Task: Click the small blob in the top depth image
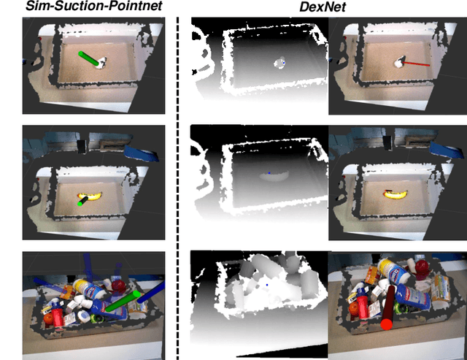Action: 280,64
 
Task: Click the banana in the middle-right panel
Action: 394,194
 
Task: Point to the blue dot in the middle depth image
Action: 269,173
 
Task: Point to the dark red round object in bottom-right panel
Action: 420,267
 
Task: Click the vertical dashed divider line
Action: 177,183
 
